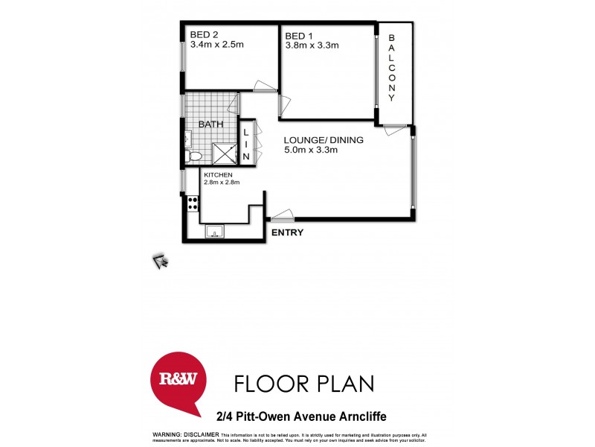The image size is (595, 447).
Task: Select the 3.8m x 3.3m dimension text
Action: (x=312, y=45)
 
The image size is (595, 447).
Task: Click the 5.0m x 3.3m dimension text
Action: (x=311, y=150)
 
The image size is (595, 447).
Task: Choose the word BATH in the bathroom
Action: (x=210, y=124)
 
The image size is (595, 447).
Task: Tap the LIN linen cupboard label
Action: (x=247, y=144)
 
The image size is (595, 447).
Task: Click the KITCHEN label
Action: (x=217, y=174)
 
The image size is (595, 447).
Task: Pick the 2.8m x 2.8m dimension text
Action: (x=221, y=183)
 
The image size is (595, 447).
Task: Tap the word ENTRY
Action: (x=287, y=233)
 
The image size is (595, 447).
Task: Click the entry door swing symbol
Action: (x=282, y=217)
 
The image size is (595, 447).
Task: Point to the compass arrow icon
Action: (x=161, y=260)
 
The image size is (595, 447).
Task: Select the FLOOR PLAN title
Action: (x=304, y=384)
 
